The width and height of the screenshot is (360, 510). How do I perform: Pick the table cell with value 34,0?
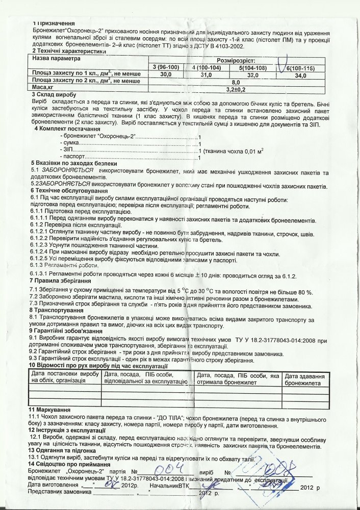[300, 75]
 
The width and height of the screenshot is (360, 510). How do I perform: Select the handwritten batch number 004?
[166, 471]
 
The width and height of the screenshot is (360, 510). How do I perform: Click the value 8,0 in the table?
[236, 82]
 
